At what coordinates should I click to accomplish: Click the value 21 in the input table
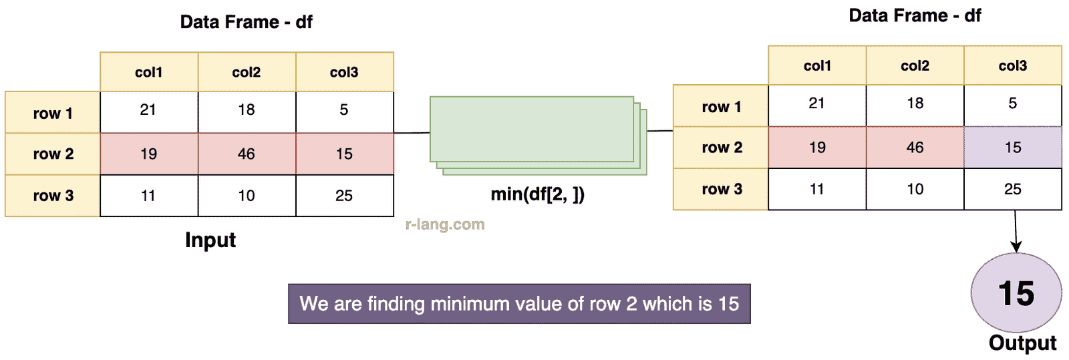tap(148, 110)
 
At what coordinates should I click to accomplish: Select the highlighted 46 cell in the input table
tap(247, 154)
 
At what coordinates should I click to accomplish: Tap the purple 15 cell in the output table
tap(1013, 148)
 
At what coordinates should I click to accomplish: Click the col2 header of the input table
tap(247, 72)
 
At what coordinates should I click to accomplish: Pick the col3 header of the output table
tap(1013, 66)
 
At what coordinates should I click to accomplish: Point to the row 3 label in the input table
tap(53, 196)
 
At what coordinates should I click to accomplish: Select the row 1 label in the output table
tap(721, 106)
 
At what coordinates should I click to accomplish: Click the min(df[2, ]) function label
tap(538, 194)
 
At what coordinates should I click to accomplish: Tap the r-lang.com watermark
tap(445, 224)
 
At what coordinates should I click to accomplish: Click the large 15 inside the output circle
tap(1016, 293)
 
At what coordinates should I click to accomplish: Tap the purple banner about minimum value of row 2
tap(519, 304)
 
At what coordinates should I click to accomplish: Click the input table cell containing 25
tap(345, 196)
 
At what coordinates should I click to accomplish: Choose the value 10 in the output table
tap(915, 189)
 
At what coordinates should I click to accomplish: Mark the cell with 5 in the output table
tap(1013, 106)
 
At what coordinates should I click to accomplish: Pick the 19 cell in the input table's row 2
tap(149, 154)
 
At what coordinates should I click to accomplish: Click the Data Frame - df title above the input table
tap(247, 22)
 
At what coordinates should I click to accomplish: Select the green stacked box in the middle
tap(539, 136)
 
